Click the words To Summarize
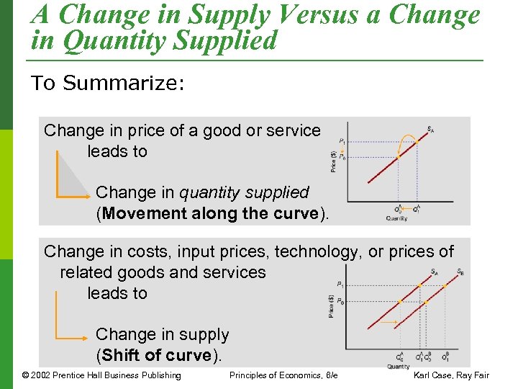coord(108,83)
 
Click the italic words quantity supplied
coord(244,192)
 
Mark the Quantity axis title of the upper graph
coord(396,218)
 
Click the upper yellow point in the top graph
coord(416,143)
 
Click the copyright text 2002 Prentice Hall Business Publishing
coord(101,375)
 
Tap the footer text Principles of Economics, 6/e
coord(283,375)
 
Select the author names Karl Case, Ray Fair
coord(451,375)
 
